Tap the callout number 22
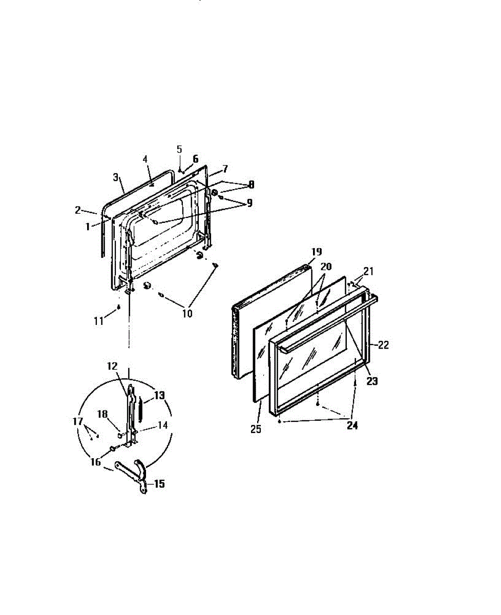384,345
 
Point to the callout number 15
159,483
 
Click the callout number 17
78,421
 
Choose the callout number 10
187,314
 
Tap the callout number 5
179,149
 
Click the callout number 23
372,381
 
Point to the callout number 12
113,366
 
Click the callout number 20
326,266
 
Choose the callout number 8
251,185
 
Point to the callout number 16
96,461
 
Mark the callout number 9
249,203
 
